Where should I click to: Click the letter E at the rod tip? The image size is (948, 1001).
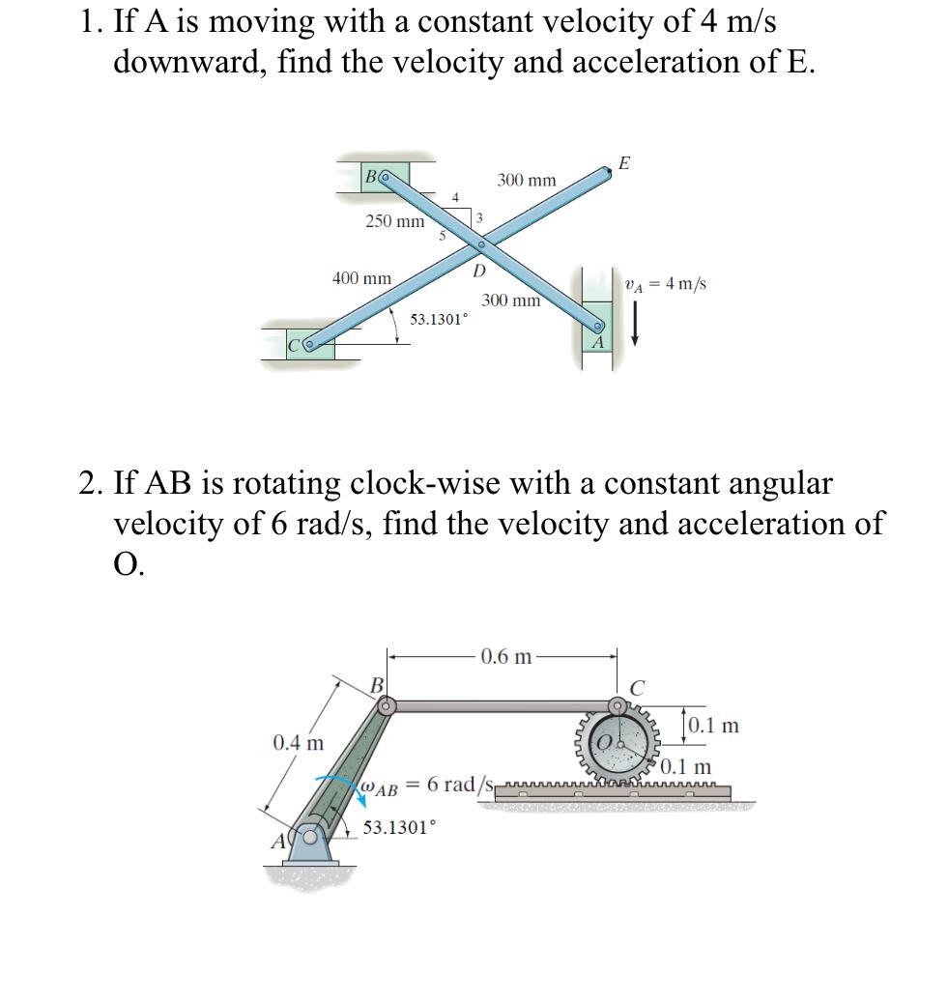point(623,163)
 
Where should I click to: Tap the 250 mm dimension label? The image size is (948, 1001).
point(394,221)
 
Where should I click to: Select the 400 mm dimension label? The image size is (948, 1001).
point(361,278)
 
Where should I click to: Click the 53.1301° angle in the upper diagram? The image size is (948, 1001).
point(438,319)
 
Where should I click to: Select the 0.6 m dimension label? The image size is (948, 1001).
point(506,657)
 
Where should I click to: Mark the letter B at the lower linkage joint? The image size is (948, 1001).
point(378,685)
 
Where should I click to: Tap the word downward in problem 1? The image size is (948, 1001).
point(187,61)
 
